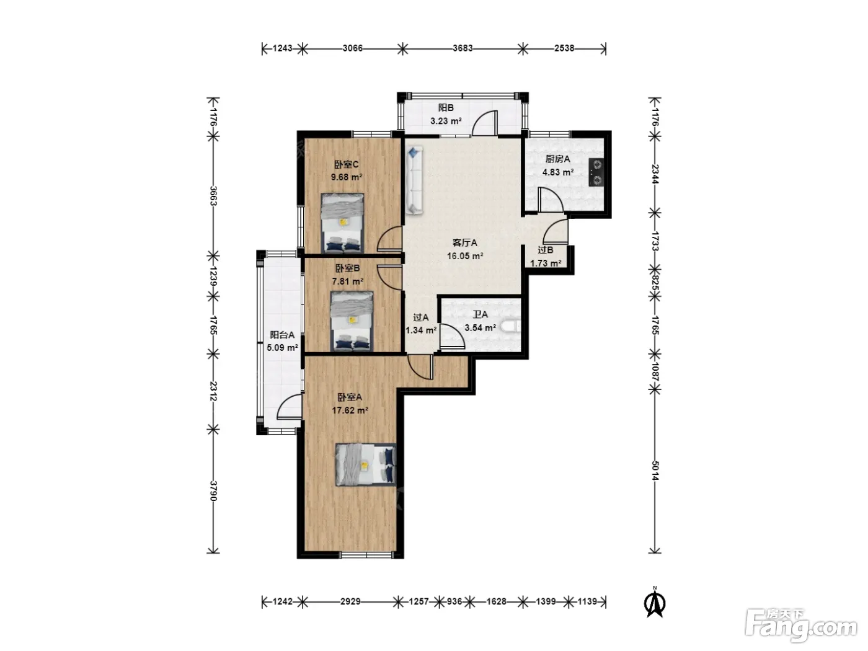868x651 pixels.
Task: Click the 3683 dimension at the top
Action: (463, 48)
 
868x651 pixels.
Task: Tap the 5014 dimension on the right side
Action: (655, 471)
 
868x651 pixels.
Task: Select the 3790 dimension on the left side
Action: (213, 491)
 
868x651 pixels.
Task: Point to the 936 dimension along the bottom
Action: (454, 601)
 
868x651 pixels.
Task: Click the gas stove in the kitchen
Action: (596, 172)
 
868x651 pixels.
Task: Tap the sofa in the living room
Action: (414, 180)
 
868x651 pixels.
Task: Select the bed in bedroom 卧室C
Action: (342, 223)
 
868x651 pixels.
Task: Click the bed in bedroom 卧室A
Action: (365, 464)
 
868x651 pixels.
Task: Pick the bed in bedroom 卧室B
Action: (352, 321)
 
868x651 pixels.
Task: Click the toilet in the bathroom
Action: (511, 327)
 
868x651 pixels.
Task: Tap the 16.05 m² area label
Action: (465, 256)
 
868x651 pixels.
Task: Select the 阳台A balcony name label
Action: (282, 335)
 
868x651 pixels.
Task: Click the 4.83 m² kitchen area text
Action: (558, 172)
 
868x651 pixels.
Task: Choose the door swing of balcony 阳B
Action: (485, 123)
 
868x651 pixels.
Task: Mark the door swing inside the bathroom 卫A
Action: (452, 337)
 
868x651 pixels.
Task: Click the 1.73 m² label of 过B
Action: (546, 263)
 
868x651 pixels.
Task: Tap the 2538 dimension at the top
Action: (564, 48)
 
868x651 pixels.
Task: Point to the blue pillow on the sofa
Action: (414, 153)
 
